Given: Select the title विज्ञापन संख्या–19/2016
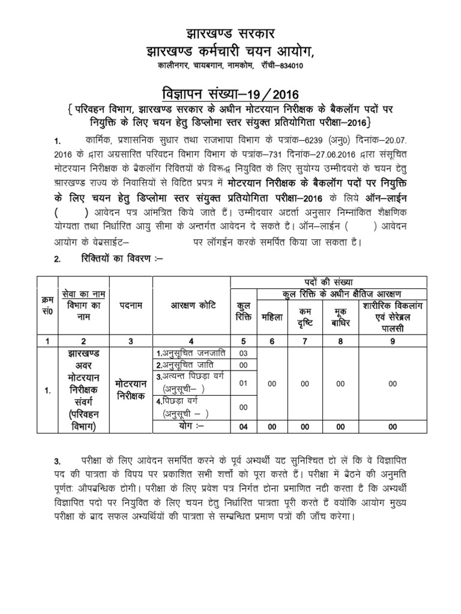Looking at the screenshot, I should pyautogui.click(x=230, y=94).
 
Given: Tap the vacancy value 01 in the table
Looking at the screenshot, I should pyautogui.click(x=244, y=383).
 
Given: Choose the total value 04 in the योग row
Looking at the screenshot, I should pyautogui.click(x=244, y=426).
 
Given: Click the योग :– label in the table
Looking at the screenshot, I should pyautogui.click(x=192, y=426).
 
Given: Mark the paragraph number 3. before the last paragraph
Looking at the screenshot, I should pyautogui.click(x=58, y=462).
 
